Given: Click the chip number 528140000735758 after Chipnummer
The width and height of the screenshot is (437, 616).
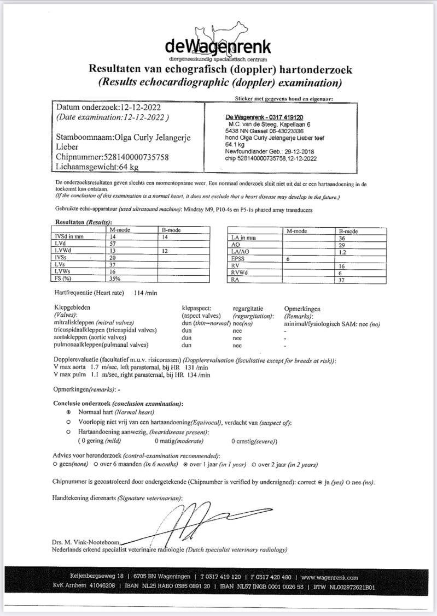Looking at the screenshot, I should click(125, 157).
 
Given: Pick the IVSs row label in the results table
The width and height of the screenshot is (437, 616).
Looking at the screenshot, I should click(63, 257).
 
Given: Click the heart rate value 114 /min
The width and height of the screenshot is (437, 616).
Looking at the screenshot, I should click(145, 293).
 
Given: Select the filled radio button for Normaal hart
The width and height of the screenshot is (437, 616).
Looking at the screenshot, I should click(68, 412).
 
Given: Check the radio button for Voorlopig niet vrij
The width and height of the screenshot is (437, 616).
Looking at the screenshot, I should click(68, 422).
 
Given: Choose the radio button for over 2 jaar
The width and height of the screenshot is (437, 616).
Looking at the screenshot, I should click(253, 465).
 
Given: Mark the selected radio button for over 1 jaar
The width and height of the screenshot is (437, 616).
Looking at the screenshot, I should click(185, 465).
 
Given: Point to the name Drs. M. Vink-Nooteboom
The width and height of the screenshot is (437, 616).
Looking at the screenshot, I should click(85, 541).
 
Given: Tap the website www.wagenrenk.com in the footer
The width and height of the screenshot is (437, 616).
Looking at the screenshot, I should click(329, 577).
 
